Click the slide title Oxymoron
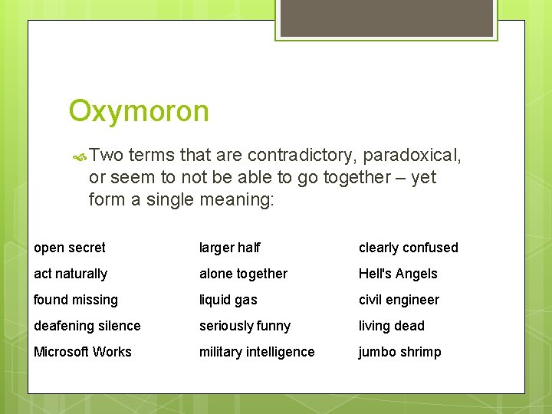pos(138,112)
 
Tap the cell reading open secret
pos(70,248)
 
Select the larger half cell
pos(229,248)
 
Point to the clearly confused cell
pos(408,248)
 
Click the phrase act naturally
pos(71,274)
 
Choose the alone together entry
pos(243,274)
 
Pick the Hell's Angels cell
pos(398,274)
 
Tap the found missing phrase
pos(76,300)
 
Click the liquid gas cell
pos(228,300)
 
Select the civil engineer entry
pos(399,300)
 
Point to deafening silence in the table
pos(87,326)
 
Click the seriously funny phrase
pos(245,326)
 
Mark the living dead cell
pos(391,326)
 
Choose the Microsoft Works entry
pos(83,352)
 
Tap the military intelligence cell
pos(257,352)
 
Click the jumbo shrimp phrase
pos(399,352)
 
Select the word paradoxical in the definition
pos(412,156)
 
